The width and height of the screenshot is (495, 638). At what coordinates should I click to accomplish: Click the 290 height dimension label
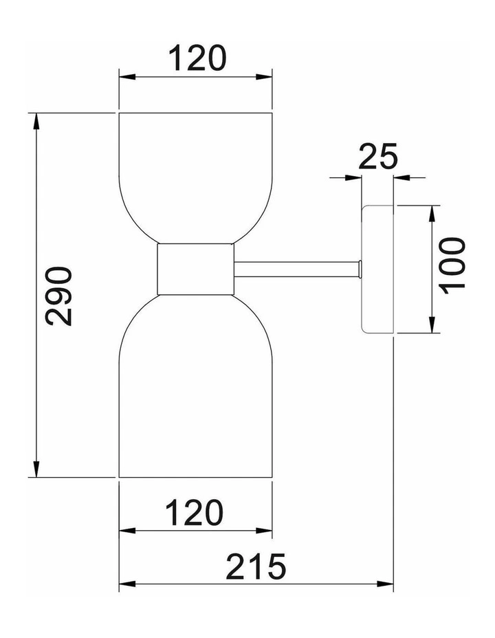click(x=59, y=296)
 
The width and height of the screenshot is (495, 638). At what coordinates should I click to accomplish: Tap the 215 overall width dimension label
click(x=256, y=566)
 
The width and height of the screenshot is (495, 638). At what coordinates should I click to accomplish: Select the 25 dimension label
click(x=378, y=156)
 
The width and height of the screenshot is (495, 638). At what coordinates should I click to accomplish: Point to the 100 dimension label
click(x=452, y=266)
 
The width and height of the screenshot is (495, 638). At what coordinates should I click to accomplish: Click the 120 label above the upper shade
click(x=196, y=58)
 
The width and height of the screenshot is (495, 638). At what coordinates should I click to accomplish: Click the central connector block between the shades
click(x=195, y=269)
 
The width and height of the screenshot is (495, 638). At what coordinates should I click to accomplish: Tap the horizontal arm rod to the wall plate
click(x=296, y=269)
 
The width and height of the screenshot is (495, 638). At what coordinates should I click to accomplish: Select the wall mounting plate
click(x=377, y=269)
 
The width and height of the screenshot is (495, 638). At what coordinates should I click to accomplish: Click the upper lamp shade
click(x=195, y=178)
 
